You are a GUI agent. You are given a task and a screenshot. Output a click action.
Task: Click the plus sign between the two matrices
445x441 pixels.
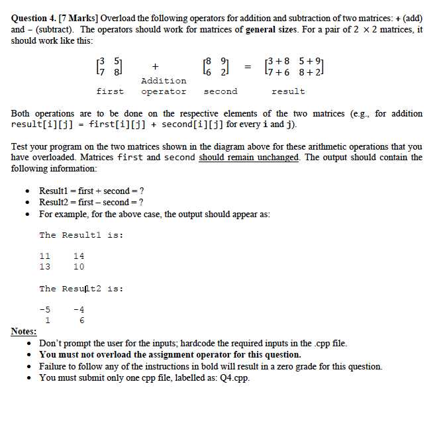click(x=154, y=66)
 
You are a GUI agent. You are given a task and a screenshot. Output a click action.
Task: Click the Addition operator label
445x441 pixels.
click(x=164, y=86)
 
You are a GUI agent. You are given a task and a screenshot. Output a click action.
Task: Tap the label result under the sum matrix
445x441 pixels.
click(x=288, y=91)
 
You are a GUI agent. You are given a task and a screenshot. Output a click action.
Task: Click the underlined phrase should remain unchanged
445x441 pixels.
click(x=249, y=157)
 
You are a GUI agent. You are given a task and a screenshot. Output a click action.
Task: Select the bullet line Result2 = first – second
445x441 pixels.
click(x=91, y=202)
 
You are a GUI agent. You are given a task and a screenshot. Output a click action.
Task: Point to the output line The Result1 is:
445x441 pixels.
click(x=81, y=235)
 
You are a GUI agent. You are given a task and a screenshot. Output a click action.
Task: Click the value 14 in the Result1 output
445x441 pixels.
click(x=78, y=256)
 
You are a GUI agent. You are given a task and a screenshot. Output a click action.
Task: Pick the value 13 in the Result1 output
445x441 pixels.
click(x=45, y=267)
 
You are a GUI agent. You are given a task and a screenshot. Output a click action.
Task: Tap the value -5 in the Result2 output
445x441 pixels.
click(x=45, y=309)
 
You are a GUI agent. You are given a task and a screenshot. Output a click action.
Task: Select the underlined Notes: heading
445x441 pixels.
click(x=24, y=331)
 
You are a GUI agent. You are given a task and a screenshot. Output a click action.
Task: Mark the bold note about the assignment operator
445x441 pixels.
click(x=170, y=355)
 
